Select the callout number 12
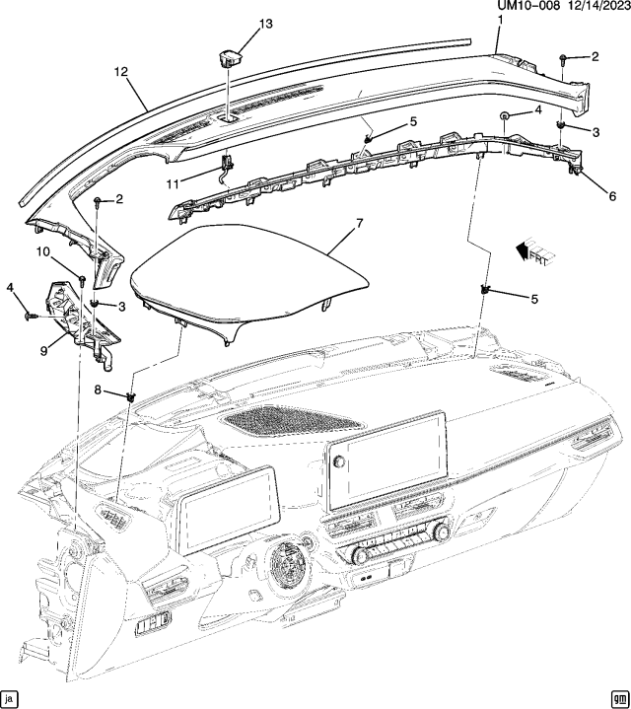coord(121,72)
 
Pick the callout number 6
coord(612,196)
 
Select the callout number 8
coord(97,390)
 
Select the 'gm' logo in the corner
coord(618,697)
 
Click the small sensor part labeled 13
coord(230,55)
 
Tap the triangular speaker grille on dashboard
coord(290,422)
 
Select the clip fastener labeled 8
coord(130,396)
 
